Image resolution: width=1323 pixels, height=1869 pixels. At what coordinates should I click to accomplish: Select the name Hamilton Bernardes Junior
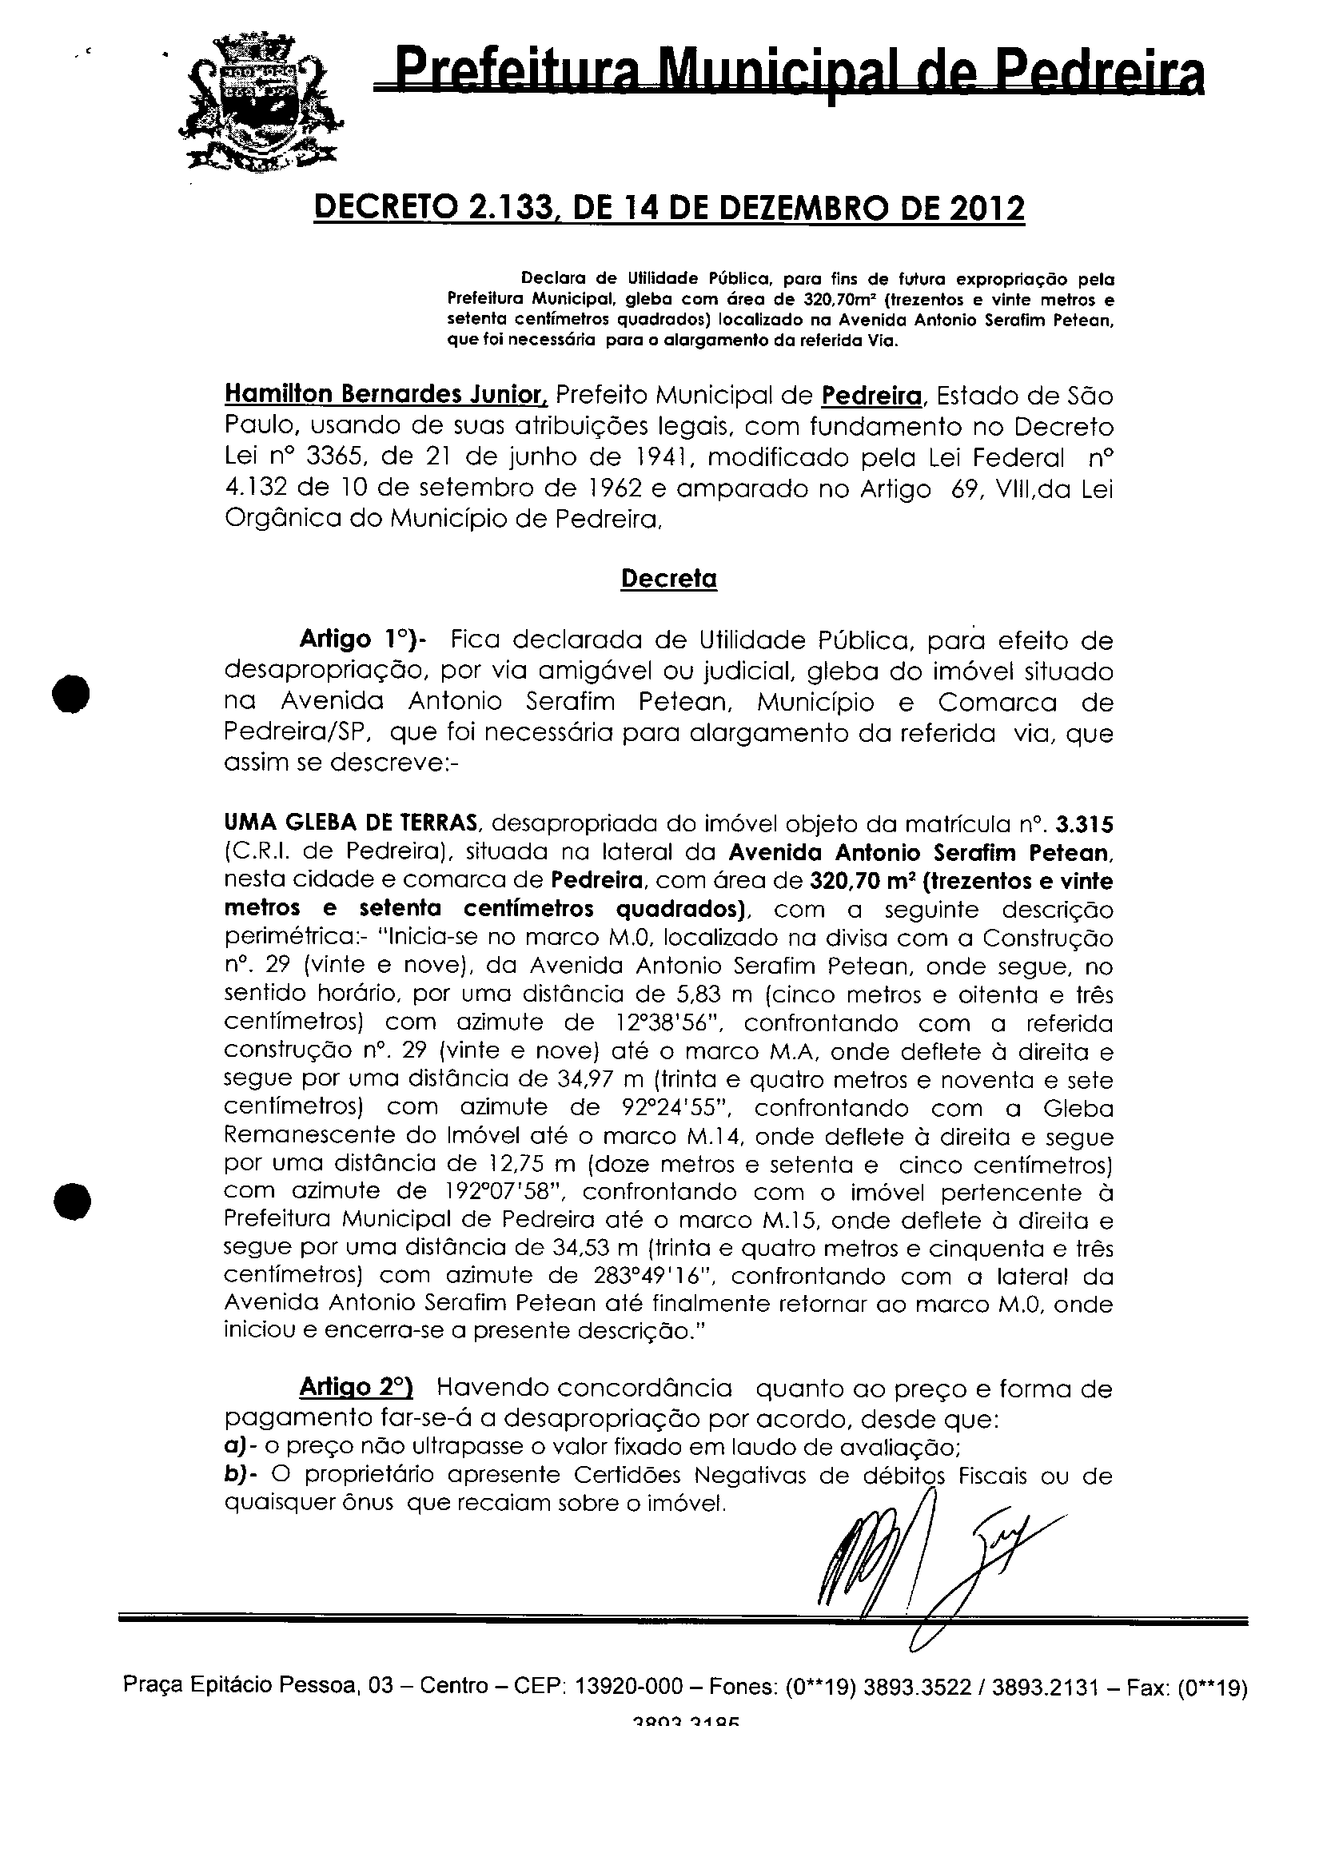[386, 395]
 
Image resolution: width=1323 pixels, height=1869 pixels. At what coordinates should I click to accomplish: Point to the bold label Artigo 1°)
[357, 640]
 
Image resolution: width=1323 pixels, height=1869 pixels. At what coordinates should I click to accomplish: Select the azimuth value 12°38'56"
[657, 1022]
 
